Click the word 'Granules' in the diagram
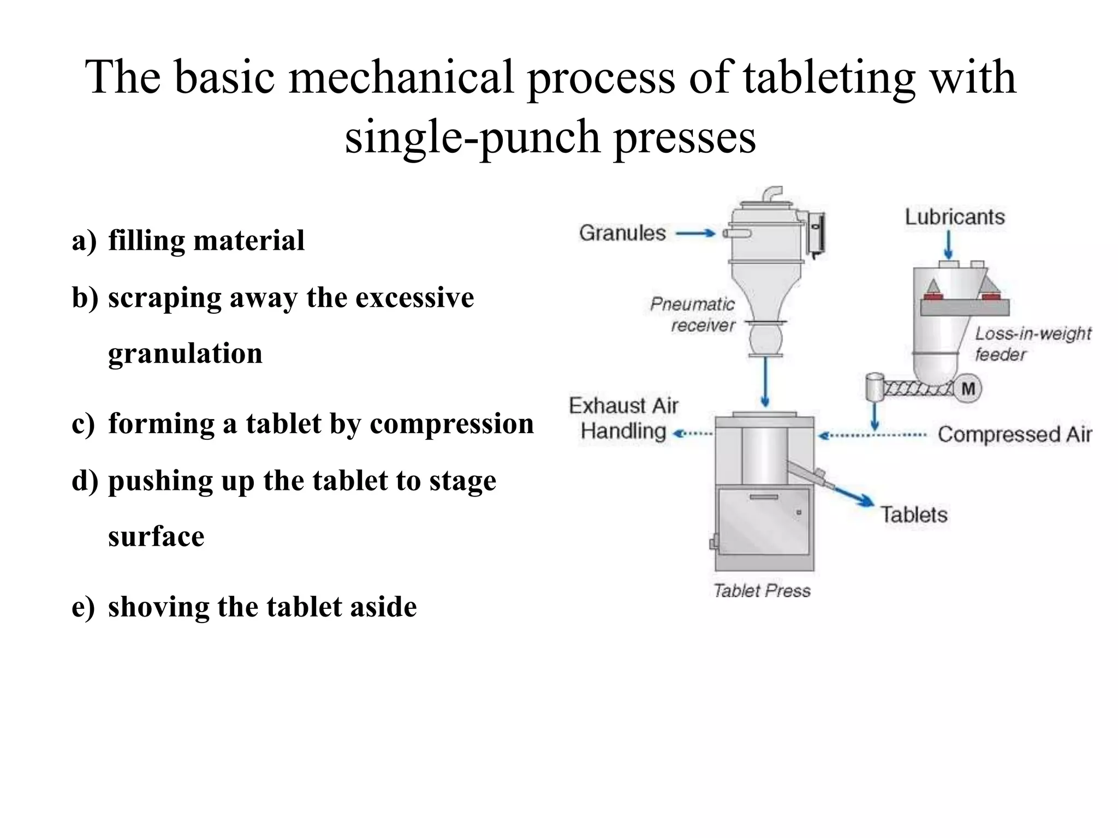(622, 234)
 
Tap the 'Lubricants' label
(955, 217)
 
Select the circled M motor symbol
(968, 389)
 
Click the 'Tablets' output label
(914, 515)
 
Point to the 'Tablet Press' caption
(762, 591)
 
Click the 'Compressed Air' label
(1014, 435)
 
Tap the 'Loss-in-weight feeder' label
(1032, 344)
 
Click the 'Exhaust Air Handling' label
(623, 418)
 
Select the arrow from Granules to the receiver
(695, 234)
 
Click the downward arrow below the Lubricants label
(949, 246)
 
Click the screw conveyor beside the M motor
(917, 388)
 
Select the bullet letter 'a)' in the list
(84, 241)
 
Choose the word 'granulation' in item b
(185, 354)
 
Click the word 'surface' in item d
(156, 537)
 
